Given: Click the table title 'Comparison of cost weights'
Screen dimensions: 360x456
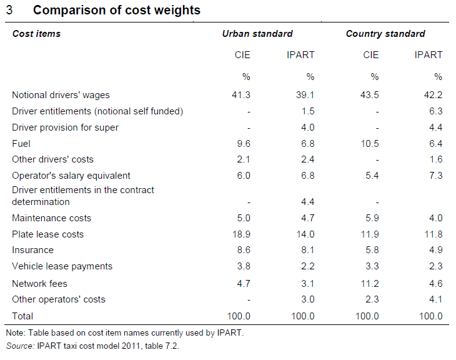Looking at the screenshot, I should pyautogui.click(x=116, y=11).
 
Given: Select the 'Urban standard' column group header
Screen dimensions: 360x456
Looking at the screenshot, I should pyautogui.click(x=257, y=34).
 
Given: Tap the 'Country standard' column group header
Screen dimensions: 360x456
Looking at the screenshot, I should pyautogui.click(x=385, y=34).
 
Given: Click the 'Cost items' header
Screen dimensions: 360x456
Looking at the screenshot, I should pyautogui.click(x=36, y=34).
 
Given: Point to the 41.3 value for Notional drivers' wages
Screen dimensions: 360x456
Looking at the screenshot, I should pyautogui.click(x=240, y=95).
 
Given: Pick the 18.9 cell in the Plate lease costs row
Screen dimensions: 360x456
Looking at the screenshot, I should pyautogui.click(x=240, y=234).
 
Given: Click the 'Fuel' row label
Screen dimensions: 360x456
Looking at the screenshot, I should pyautogui.click(x=21, y=144).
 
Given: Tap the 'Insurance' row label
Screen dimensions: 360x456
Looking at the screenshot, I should pyautogui.click(x=32, y=250).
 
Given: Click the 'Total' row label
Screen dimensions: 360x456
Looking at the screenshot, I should pyautogui.click(x=23, y=316).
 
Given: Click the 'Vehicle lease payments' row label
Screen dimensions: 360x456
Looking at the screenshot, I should pyautogui.click(x=62, y=266).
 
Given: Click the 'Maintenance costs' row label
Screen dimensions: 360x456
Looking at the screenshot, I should pyautogui.click(x=52, y=218).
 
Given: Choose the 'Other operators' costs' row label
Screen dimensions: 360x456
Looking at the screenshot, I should pyautogui.click(x=59, y=299).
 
